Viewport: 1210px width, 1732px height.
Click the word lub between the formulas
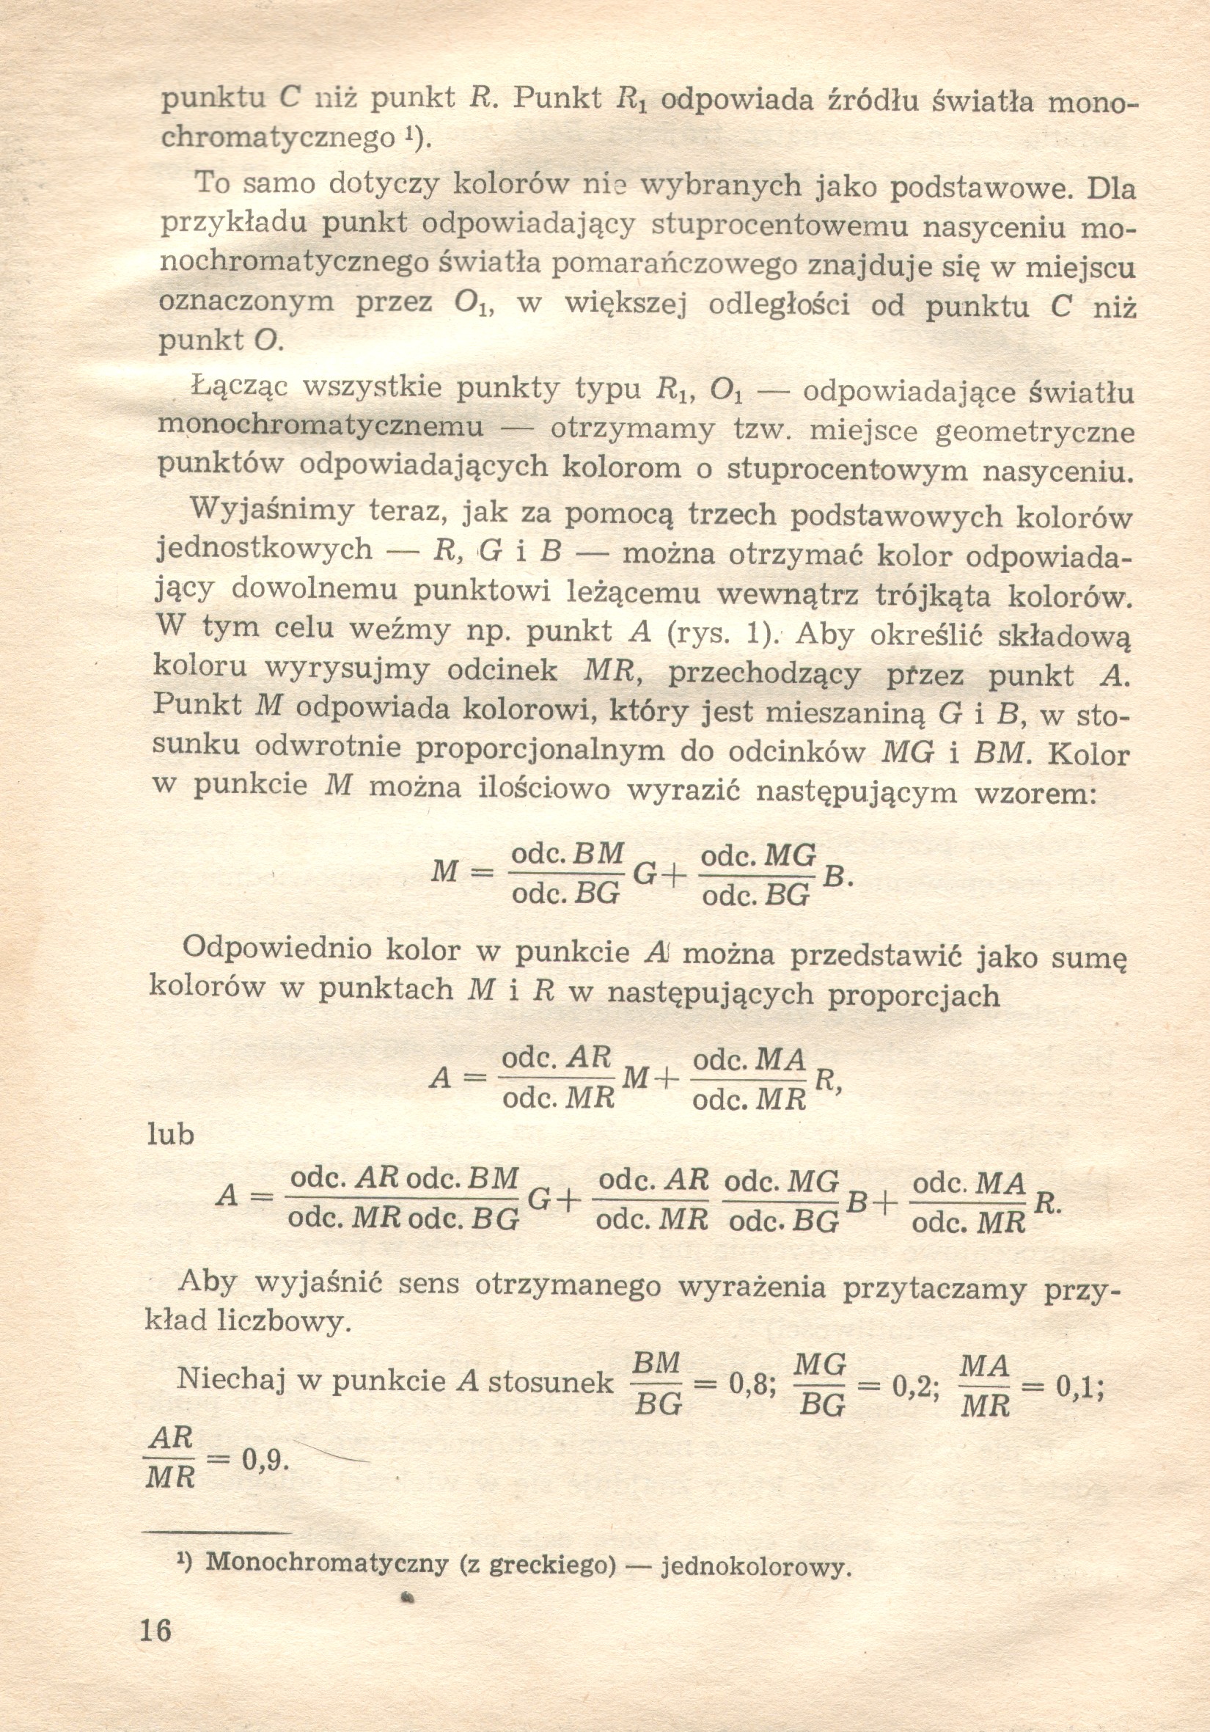coord(170,1133)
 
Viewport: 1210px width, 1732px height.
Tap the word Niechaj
coord(230,1378)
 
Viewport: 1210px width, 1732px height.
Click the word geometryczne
coord(1034,432)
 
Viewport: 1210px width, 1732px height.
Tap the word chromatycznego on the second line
coord(279,136)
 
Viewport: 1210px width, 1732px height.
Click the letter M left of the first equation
coord(445,872)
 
